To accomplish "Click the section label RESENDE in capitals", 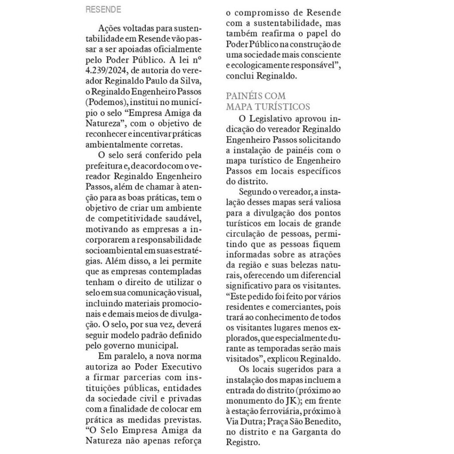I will [x=103, y=9].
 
